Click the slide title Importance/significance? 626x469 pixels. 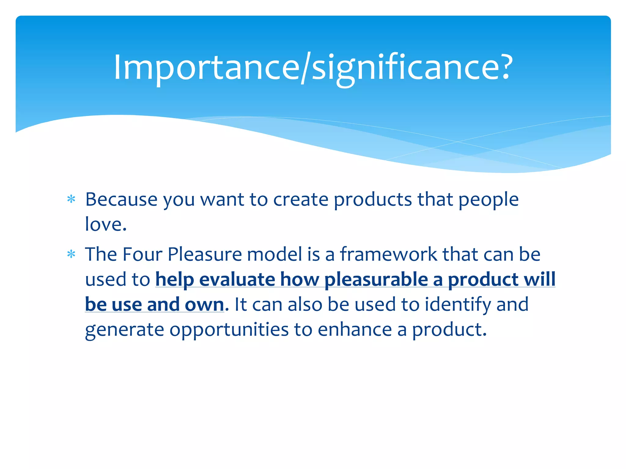coord(313,68)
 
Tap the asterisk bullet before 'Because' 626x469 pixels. coord(71,199)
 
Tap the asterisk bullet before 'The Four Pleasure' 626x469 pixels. coord(71,254)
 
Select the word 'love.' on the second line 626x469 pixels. coord(106,224)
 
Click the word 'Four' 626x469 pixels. coord(142,254)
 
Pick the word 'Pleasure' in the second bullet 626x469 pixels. coord(204,254)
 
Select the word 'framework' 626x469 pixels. coord(388,254)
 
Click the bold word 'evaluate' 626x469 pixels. coord(237,279)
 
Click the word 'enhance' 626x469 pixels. coord(355,330)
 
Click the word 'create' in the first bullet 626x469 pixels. coord(300,200)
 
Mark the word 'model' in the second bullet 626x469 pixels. coord(274,254)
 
